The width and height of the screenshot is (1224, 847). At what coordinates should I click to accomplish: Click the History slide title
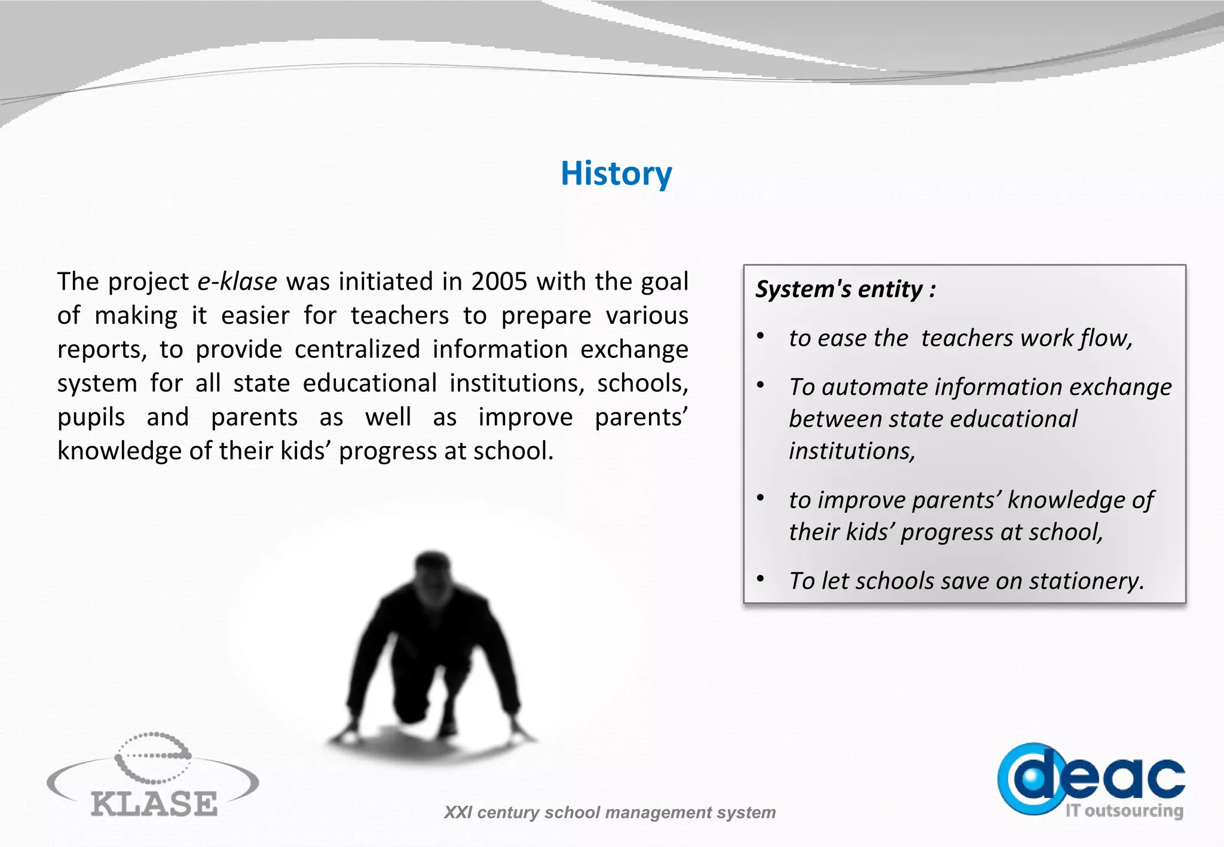click(x=616, y=174)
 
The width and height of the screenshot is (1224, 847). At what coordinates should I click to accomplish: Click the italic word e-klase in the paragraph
click(x=237, y=281)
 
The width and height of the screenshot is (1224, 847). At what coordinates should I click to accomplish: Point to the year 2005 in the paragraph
click(x=499, y=281)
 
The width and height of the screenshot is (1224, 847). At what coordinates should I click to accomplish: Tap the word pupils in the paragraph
click(x=91, y=418)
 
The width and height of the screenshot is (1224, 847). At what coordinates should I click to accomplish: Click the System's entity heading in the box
click(x=845, y=289)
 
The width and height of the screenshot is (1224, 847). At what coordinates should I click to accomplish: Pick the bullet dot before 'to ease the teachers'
click(x=760, y=336)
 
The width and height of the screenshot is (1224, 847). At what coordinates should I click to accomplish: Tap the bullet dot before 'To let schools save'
click(x=760, y=579)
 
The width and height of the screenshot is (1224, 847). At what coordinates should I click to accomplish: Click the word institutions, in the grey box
click(x=852, y=452)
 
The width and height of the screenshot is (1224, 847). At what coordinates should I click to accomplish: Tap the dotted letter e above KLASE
click(x=153, y=757)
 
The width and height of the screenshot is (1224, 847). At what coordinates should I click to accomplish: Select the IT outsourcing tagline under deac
click(x=1124, y=811)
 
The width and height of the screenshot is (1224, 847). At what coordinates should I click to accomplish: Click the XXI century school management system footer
click(x=609, y=812)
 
